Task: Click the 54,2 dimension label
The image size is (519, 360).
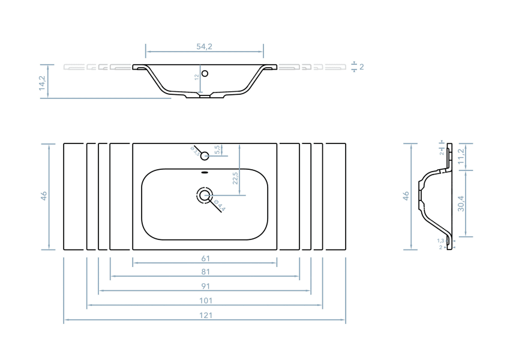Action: [x=205, y=46]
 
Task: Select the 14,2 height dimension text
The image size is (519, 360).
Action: [x=42, y=81]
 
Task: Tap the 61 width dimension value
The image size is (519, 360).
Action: [x=205, y=259]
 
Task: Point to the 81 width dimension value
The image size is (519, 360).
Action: [x=205, y=272]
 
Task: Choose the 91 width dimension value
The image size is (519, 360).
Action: [x=205, y=287]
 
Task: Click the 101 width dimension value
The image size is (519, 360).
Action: [x=205, y=301]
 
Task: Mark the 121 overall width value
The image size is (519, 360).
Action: [x=205, y=315]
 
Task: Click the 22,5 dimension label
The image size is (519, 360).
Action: [x=235, y=178]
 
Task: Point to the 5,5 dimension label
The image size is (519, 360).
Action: [x=217, y=150]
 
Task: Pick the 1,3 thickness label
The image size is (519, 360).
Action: [x=440, y=241]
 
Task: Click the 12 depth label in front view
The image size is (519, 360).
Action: [x=196, y=77]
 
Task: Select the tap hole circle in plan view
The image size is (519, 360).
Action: [x=205, y=156]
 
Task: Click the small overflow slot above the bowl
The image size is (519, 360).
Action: [x=205, y=172]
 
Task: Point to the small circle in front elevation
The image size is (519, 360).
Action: [x=205, y=74]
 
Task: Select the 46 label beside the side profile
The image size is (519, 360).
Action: [x=406, y=196]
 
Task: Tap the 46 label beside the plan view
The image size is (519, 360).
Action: [x=44, y=196]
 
